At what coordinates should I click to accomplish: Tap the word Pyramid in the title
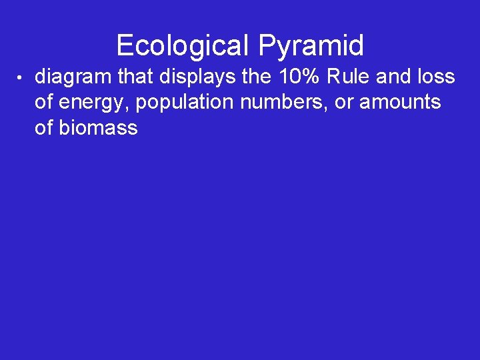[x=311, y=46]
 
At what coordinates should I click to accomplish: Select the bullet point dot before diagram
[x=21, y=79]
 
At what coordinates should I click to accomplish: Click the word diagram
[x=73, y=78]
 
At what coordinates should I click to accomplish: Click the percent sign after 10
[x=314, y=77]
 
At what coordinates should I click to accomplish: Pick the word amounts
[x=400, y=103]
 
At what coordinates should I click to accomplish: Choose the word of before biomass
[x=44, y=127]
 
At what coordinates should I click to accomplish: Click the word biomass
[x=98, y=127]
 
